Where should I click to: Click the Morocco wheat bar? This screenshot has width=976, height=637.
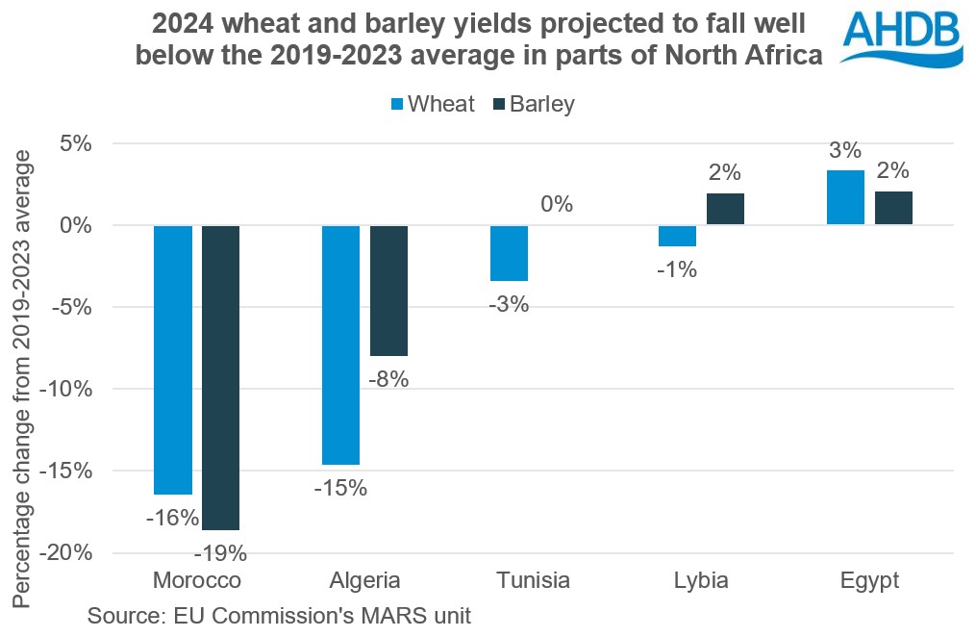tap(173, 359)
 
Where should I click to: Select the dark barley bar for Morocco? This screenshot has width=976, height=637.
tap(220, 377)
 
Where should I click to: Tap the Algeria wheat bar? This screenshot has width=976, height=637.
tap(340, 344)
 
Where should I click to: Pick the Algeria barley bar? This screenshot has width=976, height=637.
tap(388, 290)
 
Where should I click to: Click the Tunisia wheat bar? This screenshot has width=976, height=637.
tap(509, 253)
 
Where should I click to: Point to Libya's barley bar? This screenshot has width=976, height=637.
tap(725, 209)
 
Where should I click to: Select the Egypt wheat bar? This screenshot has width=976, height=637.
tap(845, 197)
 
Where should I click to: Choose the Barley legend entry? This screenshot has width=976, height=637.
tap(533, 104)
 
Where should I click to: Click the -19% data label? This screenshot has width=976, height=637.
tap(220, 553)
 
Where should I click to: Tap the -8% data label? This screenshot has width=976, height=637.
tap(388, 379)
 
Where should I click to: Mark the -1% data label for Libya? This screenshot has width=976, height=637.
tap(677, 269)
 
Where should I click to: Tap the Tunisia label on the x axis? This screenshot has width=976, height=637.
tap(533, 580)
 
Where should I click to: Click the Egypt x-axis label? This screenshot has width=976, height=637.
tap(868, 580)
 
